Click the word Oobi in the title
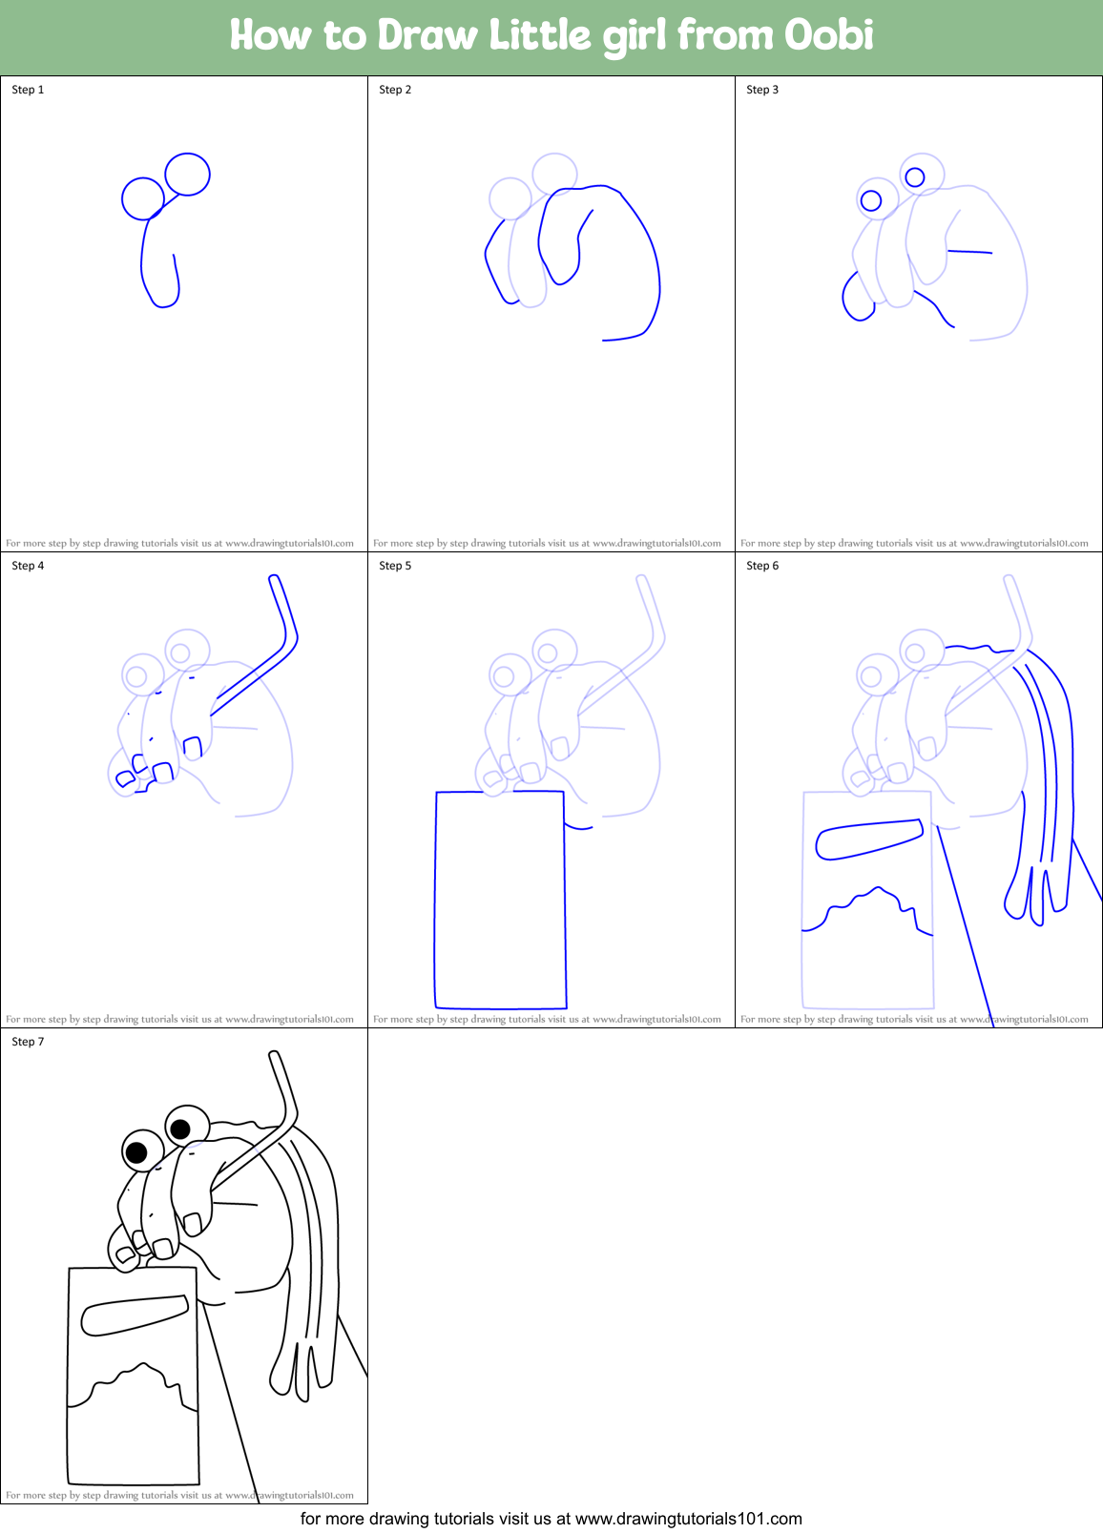[828, 35]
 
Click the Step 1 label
[28, 90]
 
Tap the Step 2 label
[395, 90]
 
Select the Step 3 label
[762, 90]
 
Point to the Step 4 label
[28, 566]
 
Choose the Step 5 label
[395, 566]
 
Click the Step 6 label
[762, 566]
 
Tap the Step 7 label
[28, 1042]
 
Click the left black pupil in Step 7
[137, 1151]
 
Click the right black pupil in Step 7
[179, 1129]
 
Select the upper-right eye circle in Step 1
[187, 174]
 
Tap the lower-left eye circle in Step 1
[143, 198]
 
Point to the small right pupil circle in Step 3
[915, 176]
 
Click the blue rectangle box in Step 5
[500, 899]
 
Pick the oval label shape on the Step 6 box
[868, 839]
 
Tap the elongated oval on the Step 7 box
[134, 1315]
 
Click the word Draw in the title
[427, 35]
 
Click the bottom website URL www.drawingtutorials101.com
[688, 1519]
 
